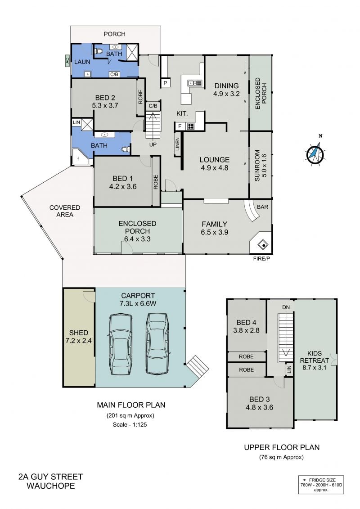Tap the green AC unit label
(x=67, y=60)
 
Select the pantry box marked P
(x=165, y=83)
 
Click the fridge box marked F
(x=180, y=126)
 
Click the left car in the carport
(x=121, y=344)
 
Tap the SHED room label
(x=79, y=333)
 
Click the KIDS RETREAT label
(x=314, y=357)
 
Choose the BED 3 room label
(x=259, y=399)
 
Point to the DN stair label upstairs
(x=286, y=307)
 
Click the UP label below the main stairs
(x=153, y=144)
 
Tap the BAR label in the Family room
(x=262, y=207)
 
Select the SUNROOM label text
(x=257, y=166)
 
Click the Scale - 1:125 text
(x=130, y=424)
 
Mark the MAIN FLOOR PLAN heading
(x=131, y=405)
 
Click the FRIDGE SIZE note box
(x=321, y=485)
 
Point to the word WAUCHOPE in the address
(x=51, y=486)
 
